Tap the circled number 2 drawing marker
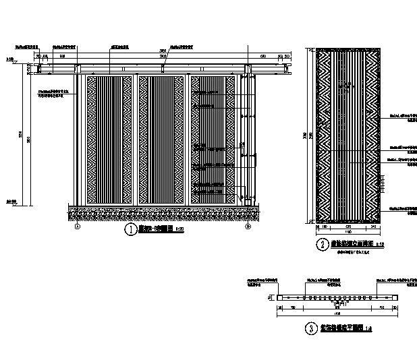click(323, 245)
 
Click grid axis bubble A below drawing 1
click(78, 227)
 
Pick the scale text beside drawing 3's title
click(368, 329)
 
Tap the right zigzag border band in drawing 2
click(370, 135)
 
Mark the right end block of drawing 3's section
click(397, 297)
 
